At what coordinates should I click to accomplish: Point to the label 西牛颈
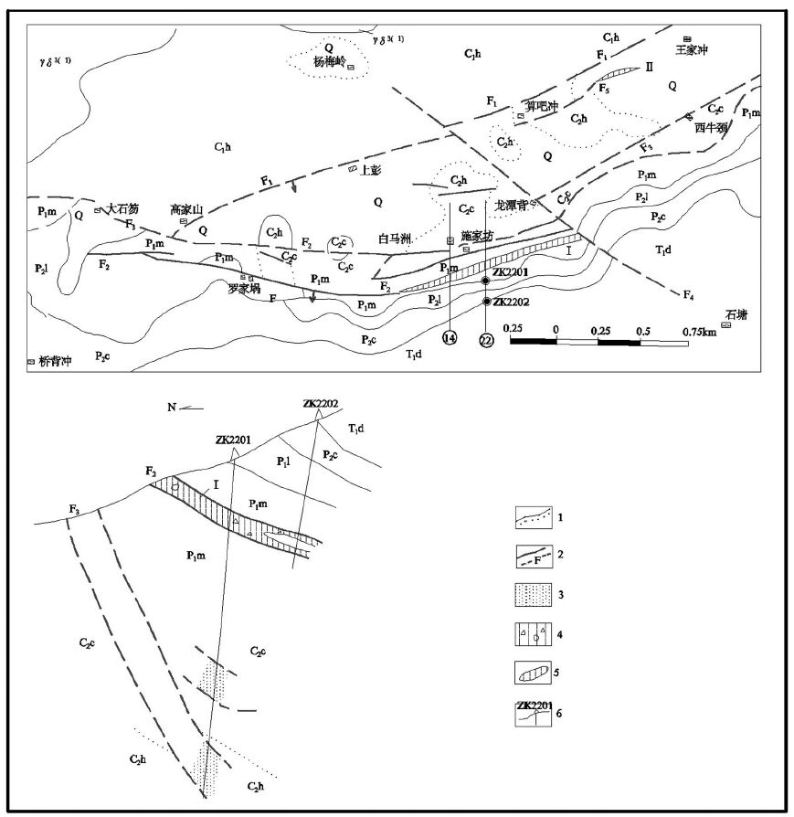click(710, 127)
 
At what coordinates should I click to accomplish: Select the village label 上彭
click(371, 170)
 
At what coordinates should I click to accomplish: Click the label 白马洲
click(397, 239)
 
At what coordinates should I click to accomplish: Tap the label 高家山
click(185, 209)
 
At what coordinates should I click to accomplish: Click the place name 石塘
click(736, 314)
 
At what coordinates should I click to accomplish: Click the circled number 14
click(450, 339)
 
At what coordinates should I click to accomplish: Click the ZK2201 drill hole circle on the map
click(486, 281)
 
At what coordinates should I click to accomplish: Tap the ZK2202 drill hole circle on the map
click(486, 302)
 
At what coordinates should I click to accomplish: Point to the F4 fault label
click(689, 295)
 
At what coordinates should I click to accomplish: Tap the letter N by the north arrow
click(171, 408)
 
